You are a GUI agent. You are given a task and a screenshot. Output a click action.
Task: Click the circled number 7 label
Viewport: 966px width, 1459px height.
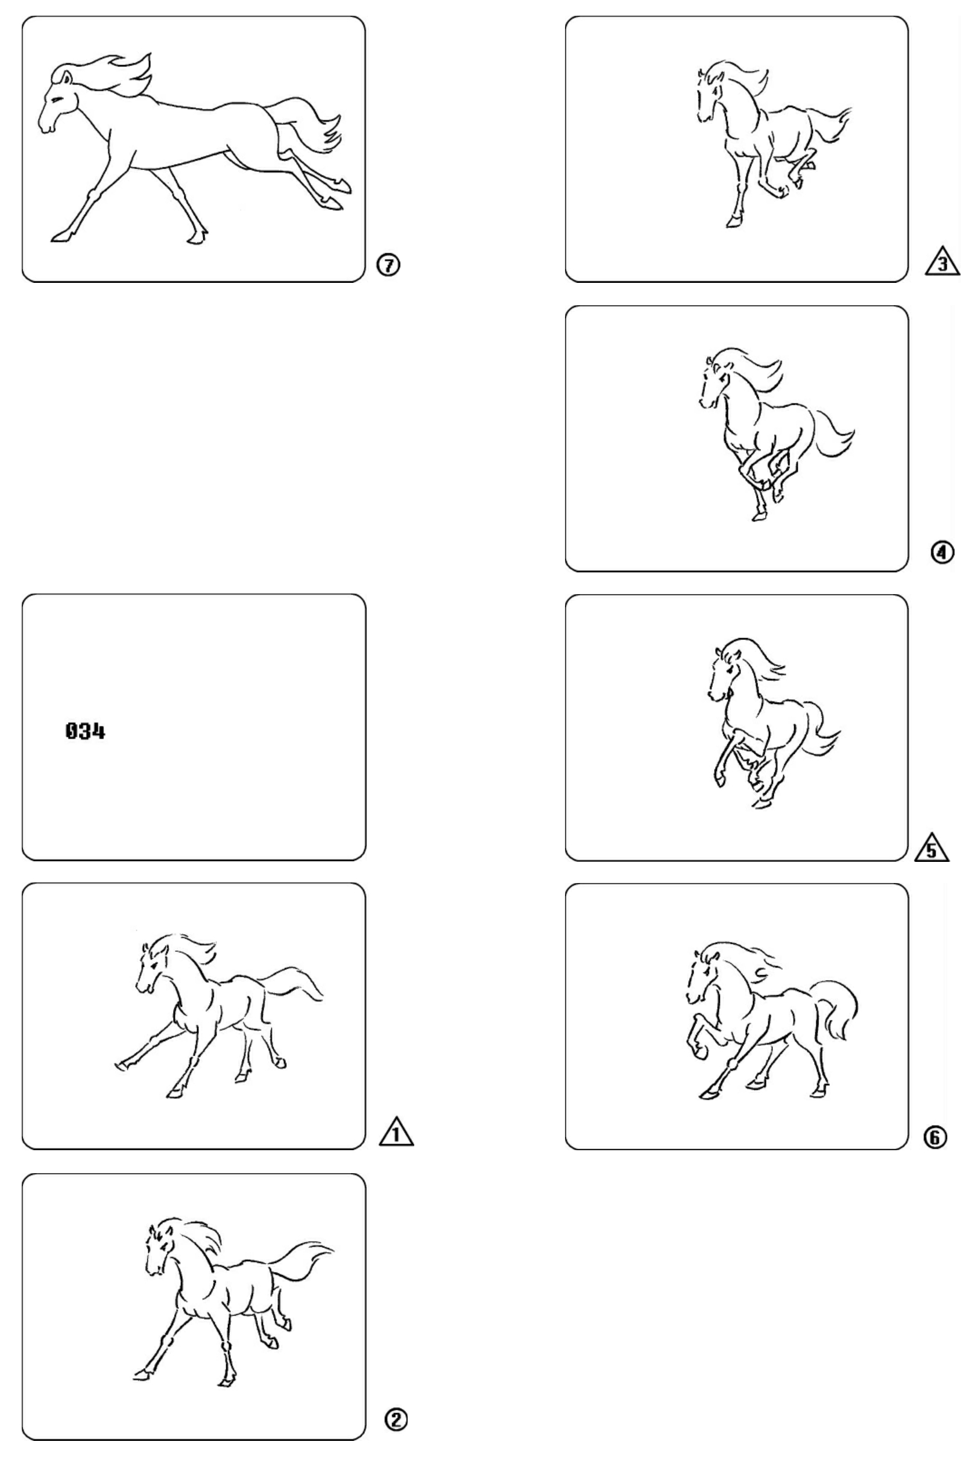[x=388, y=265]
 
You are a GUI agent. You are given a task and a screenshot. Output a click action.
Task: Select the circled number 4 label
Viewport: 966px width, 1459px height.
[x=941, y=552]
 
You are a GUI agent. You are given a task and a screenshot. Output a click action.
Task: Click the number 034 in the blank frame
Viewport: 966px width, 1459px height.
[x=85, y=732]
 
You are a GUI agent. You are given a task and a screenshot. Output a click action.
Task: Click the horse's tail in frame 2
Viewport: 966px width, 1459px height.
[x=302, y=1261]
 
